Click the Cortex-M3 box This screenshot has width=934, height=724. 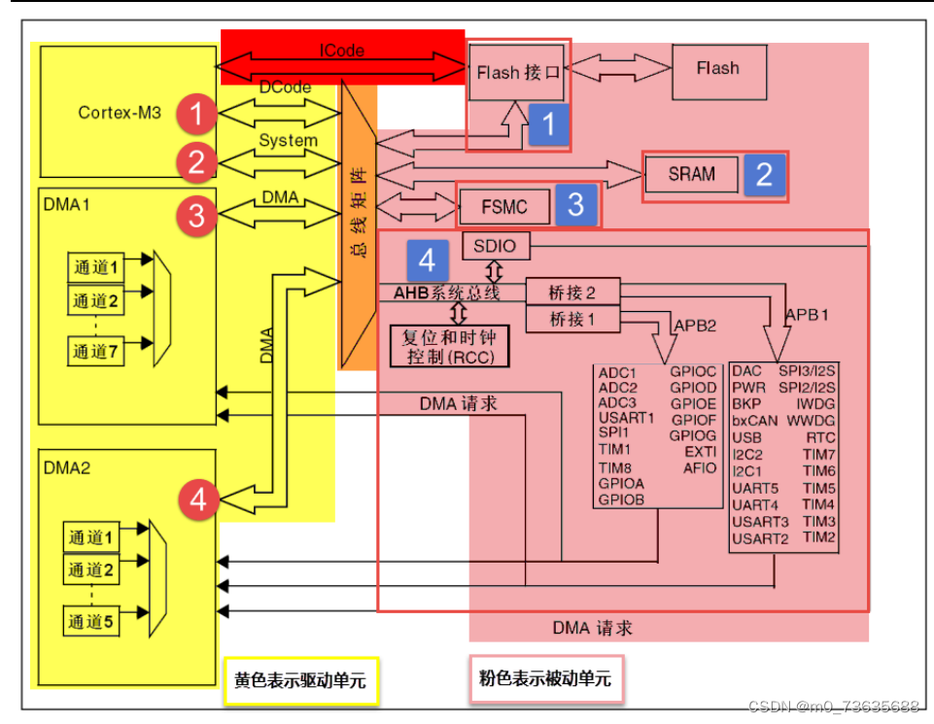(120, 112)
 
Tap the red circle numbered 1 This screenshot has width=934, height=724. (197, 116)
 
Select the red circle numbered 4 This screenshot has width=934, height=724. (198, 500)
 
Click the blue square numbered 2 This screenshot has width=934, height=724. (764, 174)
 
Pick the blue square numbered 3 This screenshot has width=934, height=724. (575, 204)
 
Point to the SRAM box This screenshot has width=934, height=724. (691, 175)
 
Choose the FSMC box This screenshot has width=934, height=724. (503, 206)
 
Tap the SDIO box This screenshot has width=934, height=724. (497, 247)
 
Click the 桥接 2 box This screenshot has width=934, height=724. (571, 292)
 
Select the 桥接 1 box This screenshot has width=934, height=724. (571, 318)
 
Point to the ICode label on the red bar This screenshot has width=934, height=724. (341, 52)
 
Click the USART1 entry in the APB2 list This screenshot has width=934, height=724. (626, 419)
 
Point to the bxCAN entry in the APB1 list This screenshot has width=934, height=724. (755, 420)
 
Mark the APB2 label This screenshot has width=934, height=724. (695, 326)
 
